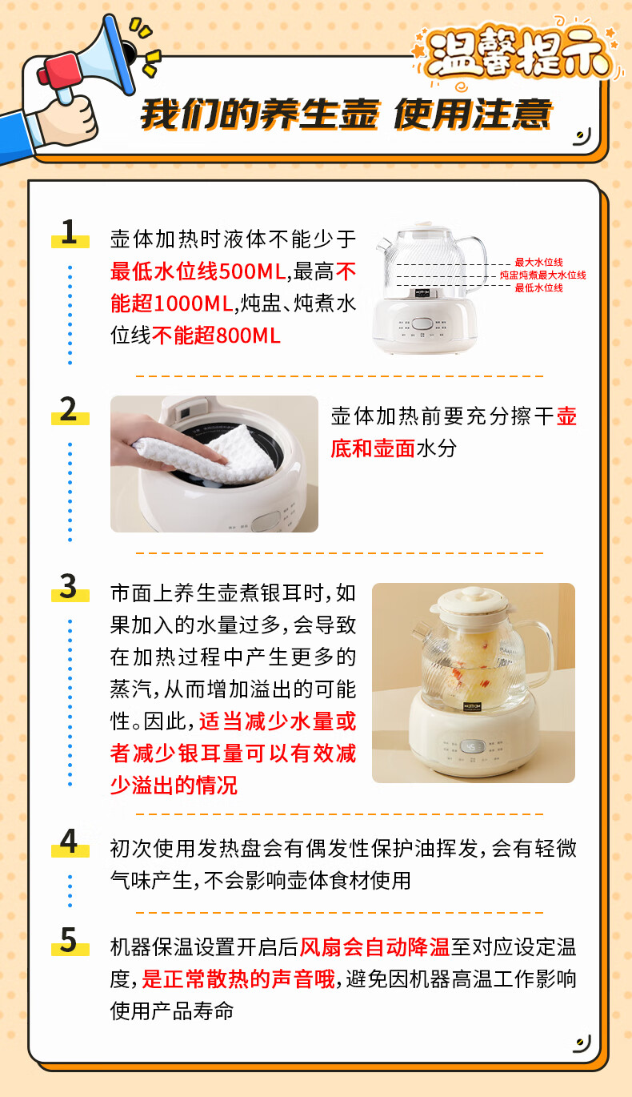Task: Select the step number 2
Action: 69,409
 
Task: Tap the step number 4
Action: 69,842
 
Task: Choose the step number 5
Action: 69,940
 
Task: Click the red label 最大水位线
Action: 538,263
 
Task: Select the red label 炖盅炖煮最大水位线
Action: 542,275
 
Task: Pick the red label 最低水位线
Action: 538,288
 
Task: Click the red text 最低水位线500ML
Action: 198,271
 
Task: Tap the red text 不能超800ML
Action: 216,336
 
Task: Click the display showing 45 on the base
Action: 471,746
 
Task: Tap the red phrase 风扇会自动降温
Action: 374,947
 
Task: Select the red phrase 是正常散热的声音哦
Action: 238,979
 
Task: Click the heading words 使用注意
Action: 473,115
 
